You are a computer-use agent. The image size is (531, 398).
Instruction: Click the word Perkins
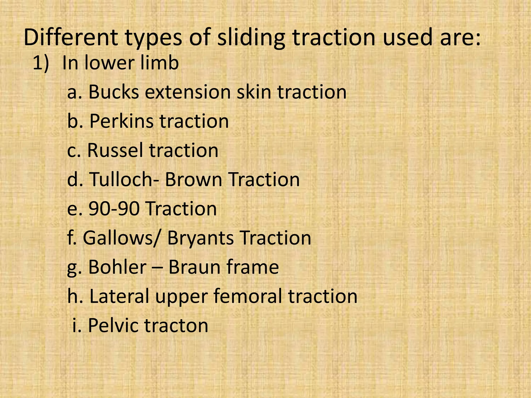point(122,121)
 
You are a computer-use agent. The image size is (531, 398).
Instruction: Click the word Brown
point(193,179)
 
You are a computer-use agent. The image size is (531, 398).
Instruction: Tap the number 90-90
point(114,209)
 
